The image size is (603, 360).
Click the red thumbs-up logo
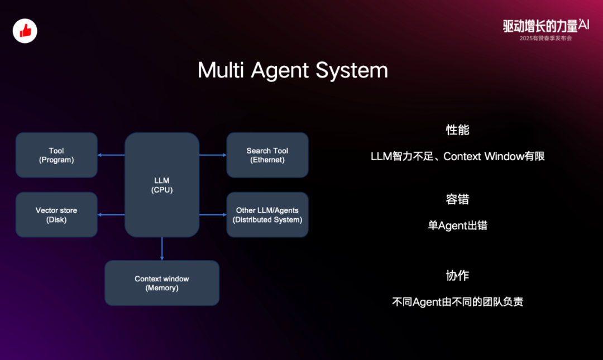(25, 31)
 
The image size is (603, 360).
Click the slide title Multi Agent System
(293, 71)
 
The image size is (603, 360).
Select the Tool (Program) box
(56, 155)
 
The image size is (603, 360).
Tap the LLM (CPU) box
(162, 185)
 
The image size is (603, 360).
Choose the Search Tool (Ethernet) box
(267, 155)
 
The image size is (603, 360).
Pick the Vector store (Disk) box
(56, 215)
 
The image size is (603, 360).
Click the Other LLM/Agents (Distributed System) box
(267, 215)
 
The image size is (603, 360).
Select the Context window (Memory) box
(162, 283)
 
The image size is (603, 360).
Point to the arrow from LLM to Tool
(111, 155)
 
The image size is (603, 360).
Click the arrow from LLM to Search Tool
(213, 155)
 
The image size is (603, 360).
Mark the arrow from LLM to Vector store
(111, 215)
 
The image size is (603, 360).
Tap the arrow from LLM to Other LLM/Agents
(213, 215)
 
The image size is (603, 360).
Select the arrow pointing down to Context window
(162, 249)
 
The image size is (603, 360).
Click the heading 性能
(457, 130)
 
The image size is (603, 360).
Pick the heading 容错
(457, 199)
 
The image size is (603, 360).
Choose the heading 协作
(457, 276)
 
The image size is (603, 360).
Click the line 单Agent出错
(457, 226)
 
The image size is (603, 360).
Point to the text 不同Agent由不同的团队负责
(457, 303)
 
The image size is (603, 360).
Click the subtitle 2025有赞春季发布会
(545, 38)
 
